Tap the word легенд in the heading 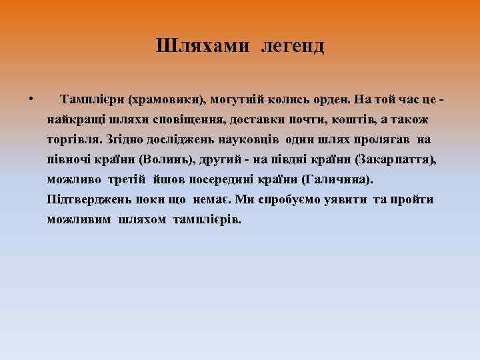293,46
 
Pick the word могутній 239,100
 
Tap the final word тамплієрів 208,219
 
